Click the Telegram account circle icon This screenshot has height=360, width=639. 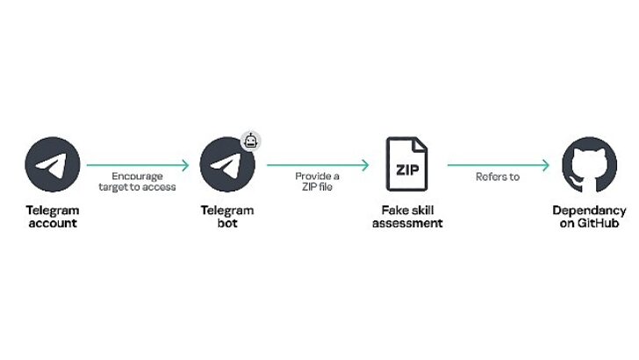pyautogui.click(x=53, y=164)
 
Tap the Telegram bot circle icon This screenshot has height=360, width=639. pyautogui.click(x=227, y=164)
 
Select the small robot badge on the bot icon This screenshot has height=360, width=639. pyautogui.click(x=251, y=141)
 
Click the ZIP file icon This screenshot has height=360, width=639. pyautogui.click(x=406, y=164)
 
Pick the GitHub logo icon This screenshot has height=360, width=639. pyautogui.click(x=589, y=164)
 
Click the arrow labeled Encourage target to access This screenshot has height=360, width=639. pyautogui.click(x=138, y=164)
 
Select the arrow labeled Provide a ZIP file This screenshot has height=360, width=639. pyautogui.click(x=318, y=164)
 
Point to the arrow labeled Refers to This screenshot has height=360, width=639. pyautogui.click(x=498, y=164)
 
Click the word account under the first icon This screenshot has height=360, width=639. pyautogui.click(x=53, y=223)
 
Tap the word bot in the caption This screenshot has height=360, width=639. pyautogui.click(x=227, y=223)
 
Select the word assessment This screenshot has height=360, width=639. pyautogui.click(x=407, y=223)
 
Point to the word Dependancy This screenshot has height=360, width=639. pyautogui.click(x=589, y=211)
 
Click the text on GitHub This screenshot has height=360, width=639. pyautogui.click(x=589, y=223)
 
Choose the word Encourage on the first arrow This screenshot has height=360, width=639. pyautogui.click(x=138, y=176)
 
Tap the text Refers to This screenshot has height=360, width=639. pyautogui.click(x=498, y=176)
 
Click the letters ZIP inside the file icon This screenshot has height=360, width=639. pyautogui.click(x=406, y=169)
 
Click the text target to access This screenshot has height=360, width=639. pyautogui.click(x=138, y=187)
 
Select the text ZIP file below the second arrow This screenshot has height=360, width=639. pyautogui.click(x=318, y=187)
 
